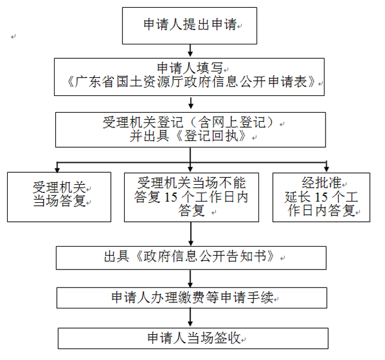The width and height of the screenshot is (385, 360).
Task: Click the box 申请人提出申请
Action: point(190,25)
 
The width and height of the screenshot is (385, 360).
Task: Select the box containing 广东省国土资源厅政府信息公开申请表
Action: point(190,76)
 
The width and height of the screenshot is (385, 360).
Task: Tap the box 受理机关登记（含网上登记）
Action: point(190,129)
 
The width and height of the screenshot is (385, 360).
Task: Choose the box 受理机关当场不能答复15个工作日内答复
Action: point(191,196)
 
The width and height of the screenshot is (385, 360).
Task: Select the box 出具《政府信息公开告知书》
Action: point(191,257)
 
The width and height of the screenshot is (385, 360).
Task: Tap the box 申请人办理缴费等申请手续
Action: point(191,298)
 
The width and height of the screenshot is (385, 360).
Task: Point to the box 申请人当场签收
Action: point(191,338)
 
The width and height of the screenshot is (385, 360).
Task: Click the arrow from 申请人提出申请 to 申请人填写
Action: point(190,50)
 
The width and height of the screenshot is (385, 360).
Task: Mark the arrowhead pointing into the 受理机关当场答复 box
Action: point(58,169)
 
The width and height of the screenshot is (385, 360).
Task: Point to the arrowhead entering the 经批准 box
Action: point(326,168)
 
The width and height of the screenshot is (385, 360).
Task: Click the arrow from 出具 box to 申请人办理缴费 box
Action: point(191,279)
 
